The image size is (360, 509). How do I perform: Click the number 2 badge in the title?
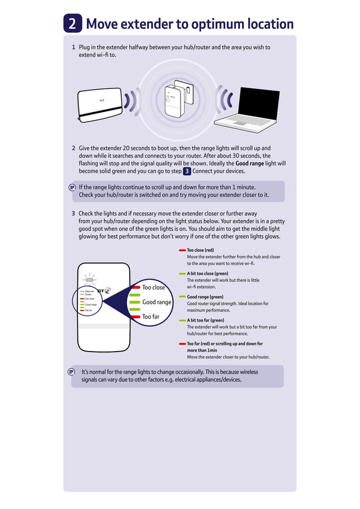73,24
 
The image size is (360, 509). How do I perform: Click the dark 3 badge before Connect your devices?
187,171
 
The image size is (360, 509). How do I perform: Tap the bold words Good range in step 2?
249,164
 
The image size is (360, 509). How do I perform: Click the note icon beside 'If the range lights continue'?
72,187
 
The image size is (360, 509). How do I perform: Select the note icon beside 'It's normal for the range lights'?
72,372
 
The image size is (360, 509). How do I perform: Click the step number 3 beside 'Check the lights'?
73,214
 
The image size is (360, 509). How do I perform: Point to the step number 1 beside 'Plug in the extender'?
73,47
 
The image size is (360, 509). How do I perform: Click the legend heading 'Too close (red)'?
200,249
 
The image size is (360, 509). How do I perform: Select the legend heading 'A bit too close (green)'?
208,273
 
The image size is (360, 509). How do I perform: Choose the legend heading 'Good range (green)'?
205,297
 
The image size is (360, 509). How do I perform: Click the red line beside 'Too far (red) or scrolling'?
182,344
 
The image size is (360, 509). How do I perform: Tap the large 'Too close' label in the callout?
153,287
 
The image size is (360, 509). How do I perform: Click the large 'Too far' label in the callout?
151,317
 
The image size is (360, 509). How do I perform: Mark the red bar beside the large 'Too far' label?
134,317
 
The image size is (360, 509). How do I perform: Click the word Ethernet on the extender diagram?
90,291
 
